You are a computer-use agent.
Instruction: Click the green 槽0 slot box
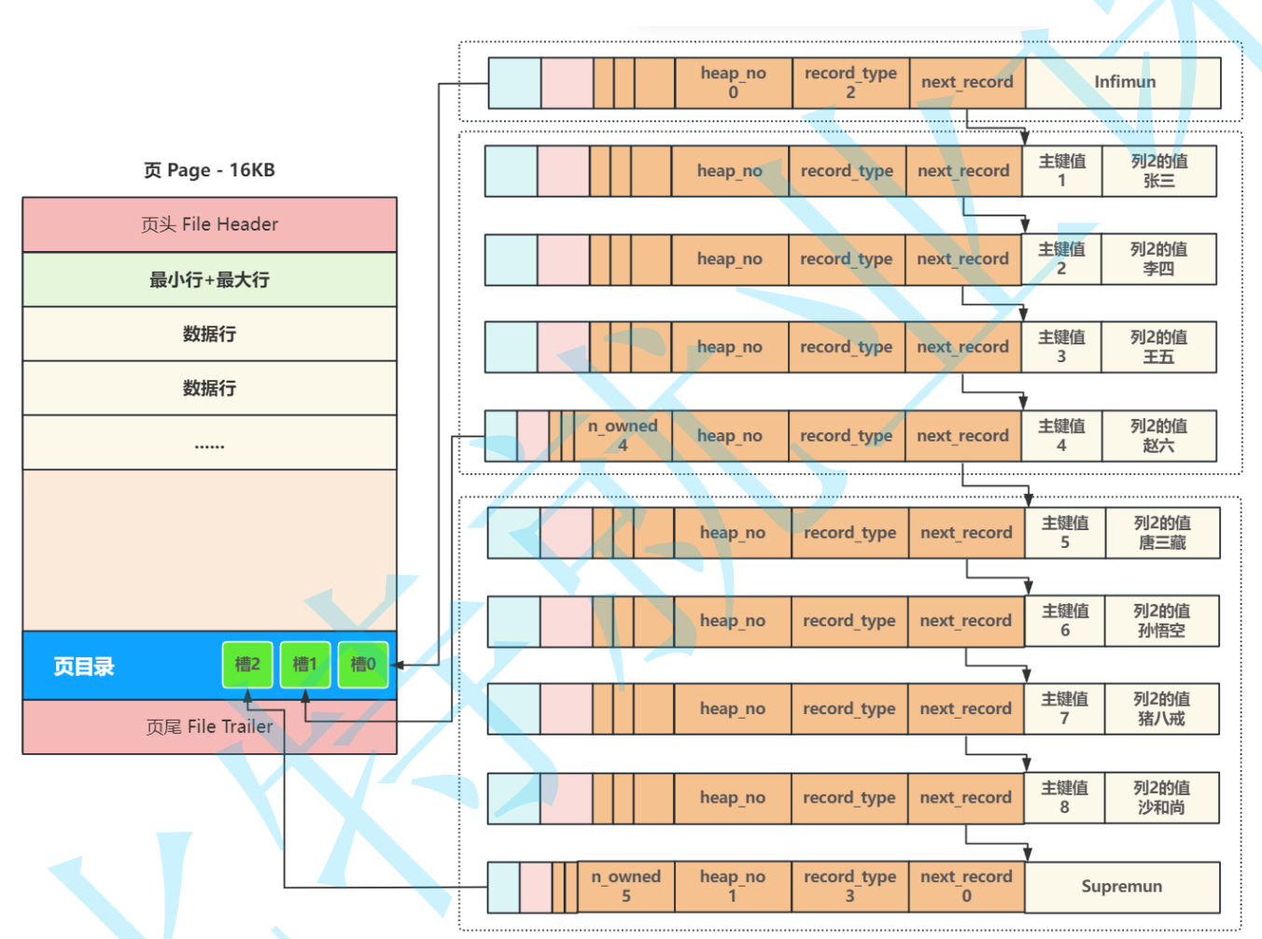click(x=363, y=665)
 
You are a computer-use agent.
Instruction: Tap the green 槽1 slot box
click(x=305, y=665)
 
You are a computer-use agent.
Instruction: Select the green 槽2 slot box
click(x=247, y=665)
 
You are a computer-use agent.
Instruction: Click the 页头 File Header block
click(x=209, y=224)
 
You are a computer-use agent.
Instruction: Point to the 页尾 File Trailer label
click(x=209, y=726)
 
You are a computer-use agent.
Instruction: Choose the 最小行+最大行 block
click(x=209, y=279)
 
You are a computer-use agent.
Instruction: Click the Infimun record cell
click(x=1123, y=82)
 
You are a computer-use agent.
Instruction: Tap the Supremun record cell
click(x=1122, y=887)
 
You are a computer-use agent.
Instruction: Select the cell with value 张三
click(x=1158, y=171)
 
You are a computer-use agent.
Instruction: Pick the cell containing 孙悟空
click(x=1161, y=621)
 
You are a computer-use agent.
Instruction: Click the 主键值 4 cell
click(x=1061, y=436)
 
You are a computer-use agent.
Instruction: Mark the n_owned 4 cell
click(x=623, y=436)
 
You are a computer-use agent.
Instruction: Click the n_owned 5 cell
click(x=625, y=887)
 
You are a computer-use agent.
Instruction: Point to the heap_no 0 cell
click(x=733, y=82)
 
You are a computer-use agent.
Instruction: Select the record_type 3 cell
click(x=849, y=887)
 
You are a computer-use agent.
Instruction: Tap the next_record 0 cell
click(x=966, y=887)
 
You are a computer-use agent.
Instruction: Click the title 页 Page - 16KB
click(x=209, y=170)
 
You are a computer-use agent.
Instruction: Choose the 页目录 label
click(x=84, y=666)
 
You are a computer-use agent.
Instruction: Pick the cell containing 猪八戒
click(x=1161, y=708)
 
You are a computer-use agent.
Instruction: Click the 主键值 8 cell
click(x=1064, y=797)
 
